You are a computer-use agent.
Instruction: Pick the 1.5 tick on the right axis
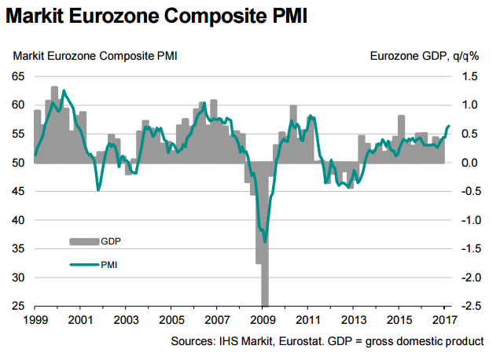469,76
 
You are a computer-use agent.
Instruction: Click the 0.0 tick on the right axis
469,163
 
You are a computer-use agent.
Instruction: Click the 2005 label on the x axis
171,321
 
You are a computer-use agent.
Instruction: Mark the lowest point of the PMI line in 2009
265,241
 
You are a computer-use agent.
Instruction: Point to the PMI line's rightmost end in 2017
449,126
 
